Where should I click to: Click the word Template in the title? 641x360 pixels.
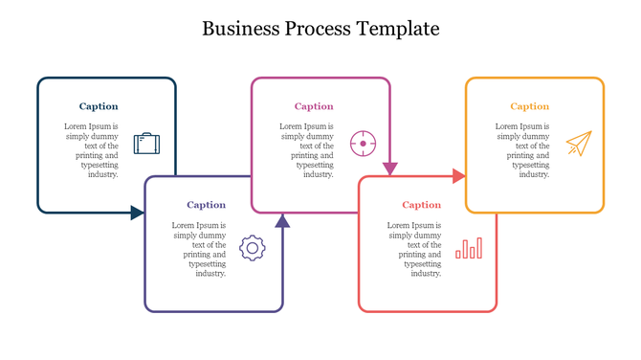397,29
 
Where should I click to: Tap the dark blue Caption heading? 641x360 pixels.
99,106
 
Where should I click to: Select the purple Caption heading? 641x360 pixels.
206,205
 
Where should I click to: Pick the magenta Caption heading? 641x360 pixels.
314,106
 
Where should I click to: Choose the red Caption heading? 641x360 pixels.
421,205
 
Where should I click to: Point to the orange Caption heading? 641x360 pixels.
529,106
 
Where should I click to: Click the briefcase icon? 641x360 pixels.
146,144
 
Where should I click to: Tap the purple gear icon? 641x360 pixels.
253,248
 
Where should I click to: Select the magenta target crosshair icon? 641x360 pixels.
363,144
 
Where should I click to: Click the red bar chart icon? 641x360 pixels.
469,249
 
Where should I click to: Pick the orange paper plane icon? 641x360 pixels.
578,144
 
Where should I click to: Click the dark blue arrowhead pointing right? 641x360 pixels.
138,213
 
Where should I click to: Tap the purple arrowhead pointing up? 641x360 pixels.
282,221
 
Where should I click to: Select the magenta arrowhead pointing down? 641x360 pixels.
389,169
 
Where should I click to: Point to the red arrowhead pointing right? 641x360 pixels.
459,176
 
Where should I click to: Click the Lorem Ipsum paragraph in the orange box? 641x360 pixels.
522,150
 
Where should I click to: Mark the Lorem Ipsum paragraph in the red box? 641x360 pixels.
414,249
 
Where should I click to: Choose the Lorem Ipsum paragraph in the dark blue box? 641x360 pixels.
92,150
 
